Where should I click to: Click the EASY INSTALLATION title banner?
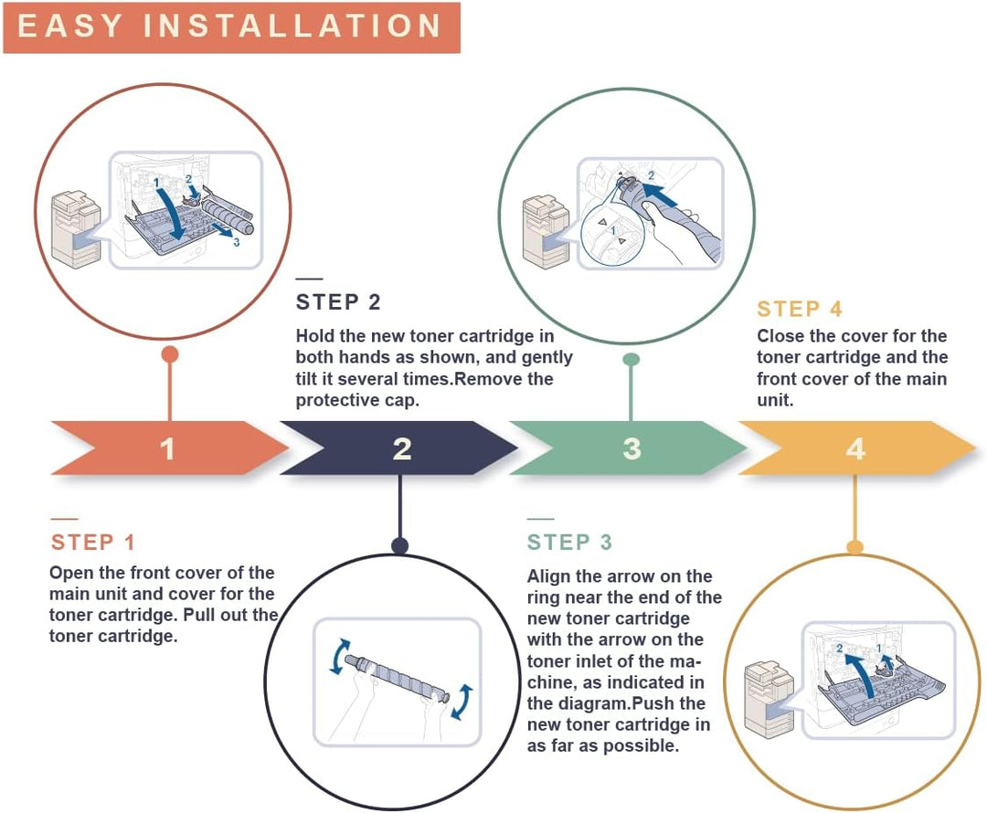pyautogui.click(x=231, y=27)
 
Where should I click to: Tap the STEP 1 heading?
pyautogui.click(x=93, y=543)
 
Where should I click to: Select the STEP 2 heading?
pyautogui.click(x=339, y=302)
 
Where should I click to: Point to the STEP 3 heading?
pyautogui.click(x=569, y=543)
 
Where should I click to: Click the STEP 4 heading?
pyautogui.click(x=800, y=309)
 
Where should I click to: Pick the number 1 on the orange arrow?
pyautogui.click(x=167, y=449)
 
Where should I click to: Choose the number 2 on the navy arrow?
pyautogui.click(x=402, y=449)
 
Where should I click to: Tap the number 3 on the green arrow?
pyautogui.click(x=632, y=449)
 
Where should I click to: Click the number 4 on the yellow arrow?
pyautogui.click(x=855, y=449)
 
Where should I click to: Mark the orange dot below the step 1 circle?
pyautogui.click(x=170, y=354)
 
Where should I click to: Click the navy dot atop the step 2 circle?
pyautogui.click(x=399, y=545)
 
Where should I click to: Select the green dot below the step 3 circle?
pyautogui.click(x=631, y=359)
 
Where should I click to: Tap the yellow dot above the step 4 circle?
pyautogui.click(x=854, y=547)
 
